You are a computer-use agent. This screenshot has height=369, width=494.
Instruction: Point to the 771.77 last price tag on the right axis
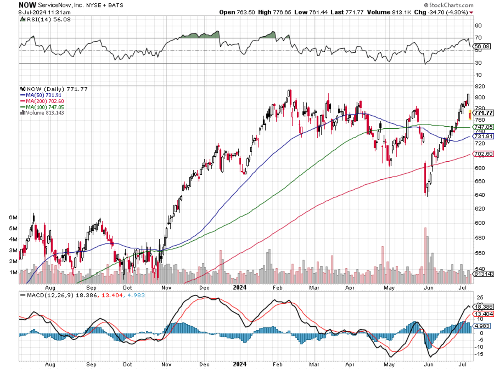(483, 113)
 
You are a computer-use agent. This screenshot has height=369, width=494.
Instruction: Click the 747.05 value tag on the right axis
(483, 127)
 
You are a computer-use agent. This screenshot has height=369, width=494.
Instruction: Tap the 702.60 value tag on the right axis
(483, 154)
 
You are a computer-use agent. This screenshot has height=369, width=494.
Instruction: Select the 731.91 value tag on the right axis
(483, 136)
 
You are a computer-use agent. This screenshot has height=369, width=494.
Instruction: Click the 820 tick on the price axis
(478, 87)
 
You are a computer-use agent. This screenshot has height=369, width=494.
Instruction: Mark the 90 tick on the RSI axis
(478, 26)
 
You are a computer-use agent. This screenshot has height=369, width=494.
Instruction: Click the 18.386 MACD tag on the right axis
(483, 307)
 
